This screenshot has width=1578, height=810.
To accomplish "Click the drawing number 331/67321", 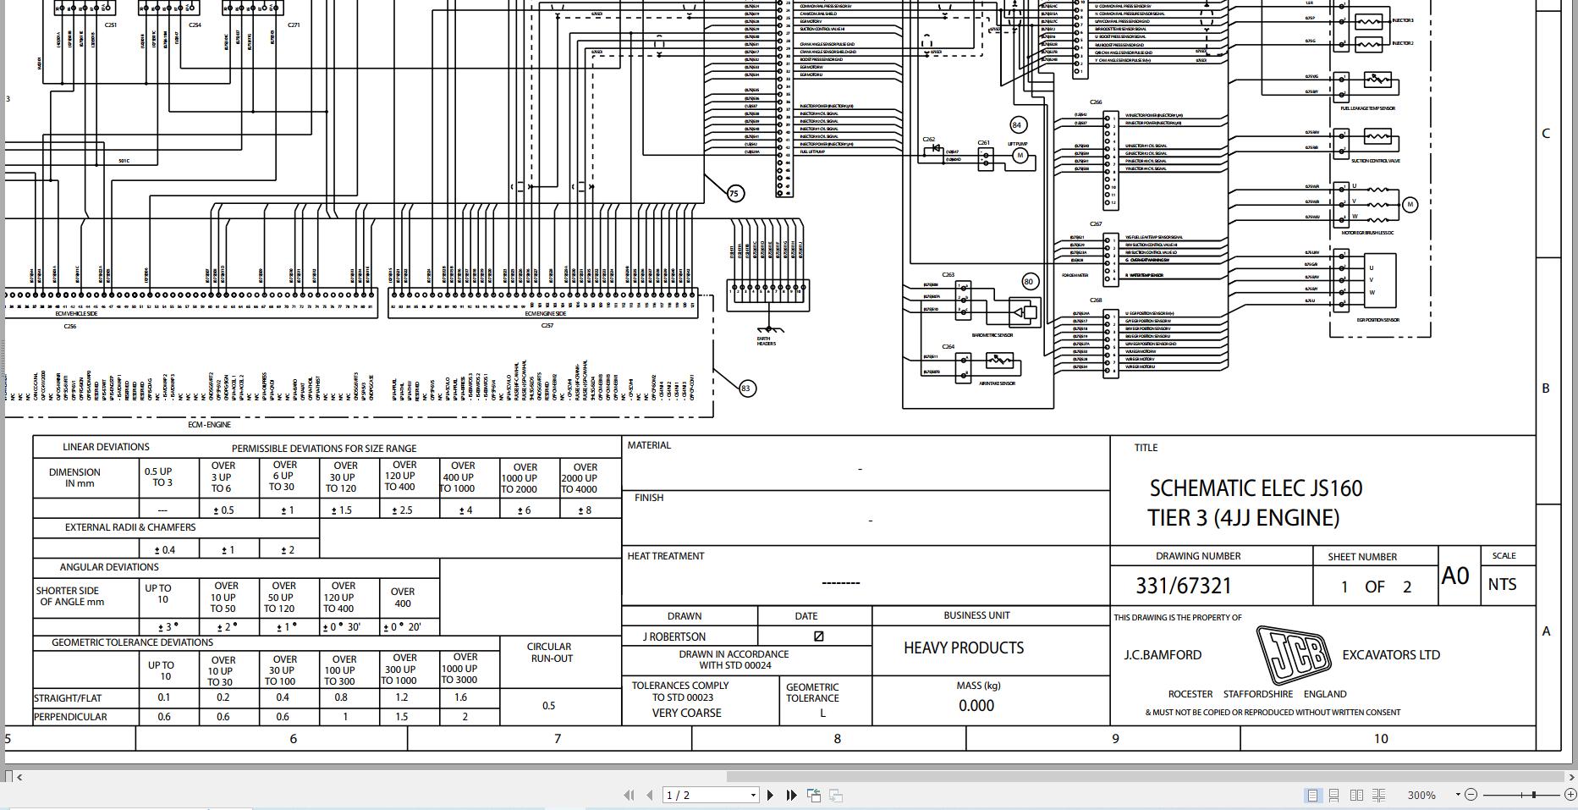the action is click(1183, 586).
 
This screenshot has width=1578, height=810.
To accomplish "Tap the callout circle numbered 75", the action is click(734, 194).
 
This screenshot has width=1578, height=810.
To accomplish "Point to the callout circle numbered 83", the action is click(745, 388).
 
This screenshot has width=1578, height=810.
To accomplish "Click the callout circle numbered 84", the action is click(1017, 125).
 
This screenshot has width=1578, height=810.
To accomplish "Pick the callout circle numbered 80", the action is click(1029, 282).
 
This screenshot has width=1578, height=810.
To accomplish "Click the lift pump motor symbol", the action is click(1020, 156).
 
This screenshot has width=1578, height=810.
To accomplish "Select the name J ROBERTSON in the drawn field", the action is click(675, 636).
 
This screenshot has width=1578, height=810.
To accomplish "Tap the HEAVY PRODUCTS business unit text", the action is click(964, 648).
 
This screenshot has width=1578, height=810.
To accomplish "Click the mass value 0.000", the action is click(976, 706).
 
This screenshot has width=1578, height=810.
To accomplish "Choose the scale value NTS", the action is click(1502, 585).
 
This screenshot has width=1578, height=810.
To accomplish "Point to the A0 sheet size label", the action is click(1455, 576).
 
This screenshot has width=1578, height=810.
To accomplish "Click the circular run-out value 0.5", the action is click(549, 706).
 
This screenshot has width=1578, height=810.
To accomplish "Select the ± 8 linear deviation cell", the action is click(584, 510).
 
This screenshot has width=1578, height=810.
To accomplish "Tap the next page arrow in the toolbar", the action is click(770, 796).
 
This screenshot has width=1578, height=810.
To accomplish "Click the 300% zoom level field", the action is click(1421, 796).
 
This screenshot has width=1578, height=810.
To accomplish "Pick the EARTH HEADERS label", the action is click(766, 342).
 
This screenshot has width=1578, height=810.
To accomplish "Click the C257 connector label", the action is click(547, 326).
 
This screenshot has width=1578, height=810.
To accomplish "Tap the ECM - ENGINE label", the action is click(209, 425).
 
